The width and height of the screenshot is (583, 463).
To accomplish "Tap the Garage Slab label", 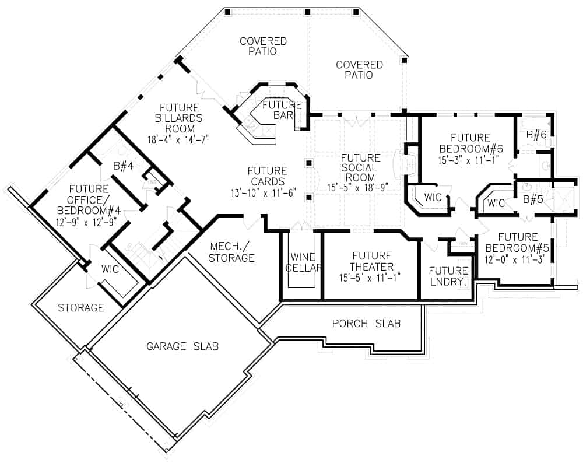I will [x=182, y=346].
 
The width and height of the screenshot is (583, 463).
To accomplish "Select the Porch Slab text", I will [x=366, y=324].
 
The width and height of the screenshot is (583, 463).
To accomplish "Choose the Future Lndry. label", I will [x=448, y=276].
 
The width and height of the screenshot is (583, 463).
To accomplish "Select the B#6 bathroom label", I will [x=536, y=135].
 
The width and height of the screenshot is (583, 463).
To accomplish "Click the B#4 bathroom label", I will [x=124, y=166].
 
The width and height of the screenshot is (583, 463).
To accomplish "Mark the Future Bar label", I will [x=282, y=110].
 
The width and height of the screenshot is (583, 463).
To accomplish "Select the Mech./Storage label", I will [x=231, y=252].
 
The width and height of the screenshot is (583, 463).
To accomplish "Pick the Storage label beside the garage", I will [x=80, y=308].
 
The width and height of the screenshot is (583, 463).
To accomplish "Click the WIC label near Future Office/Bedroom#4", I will [x=110, y=269].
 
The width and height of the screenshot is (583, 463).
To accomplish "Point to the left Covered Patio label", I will [x=264, y=46].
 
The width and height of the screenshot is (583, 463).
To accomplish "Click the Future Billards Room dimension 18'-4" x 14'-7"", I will [x=178, y=139].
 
